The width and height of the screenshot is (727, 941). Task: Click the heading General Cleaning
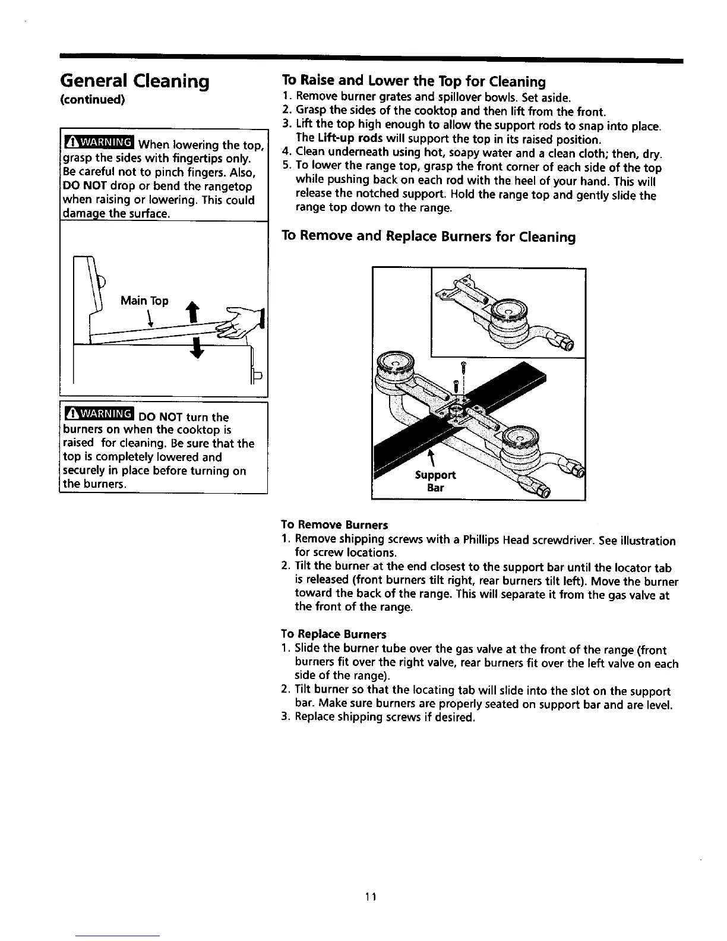(135, 81)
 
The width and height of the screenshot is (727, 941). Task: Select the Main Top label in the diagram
(144, 301)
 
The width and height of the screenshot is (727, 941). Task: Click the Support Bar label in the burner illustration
(435, 481)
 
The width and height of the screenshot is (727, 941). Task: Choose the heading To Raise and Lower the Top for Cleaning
(413, 81)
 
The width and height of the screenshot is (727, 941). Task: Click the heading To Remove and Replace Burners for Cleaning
(428, 237)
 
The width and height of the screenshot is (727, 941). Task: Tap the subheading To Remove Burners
(334, 525)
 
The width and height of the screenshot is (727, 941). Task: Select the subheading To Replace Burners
(333, 634)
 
